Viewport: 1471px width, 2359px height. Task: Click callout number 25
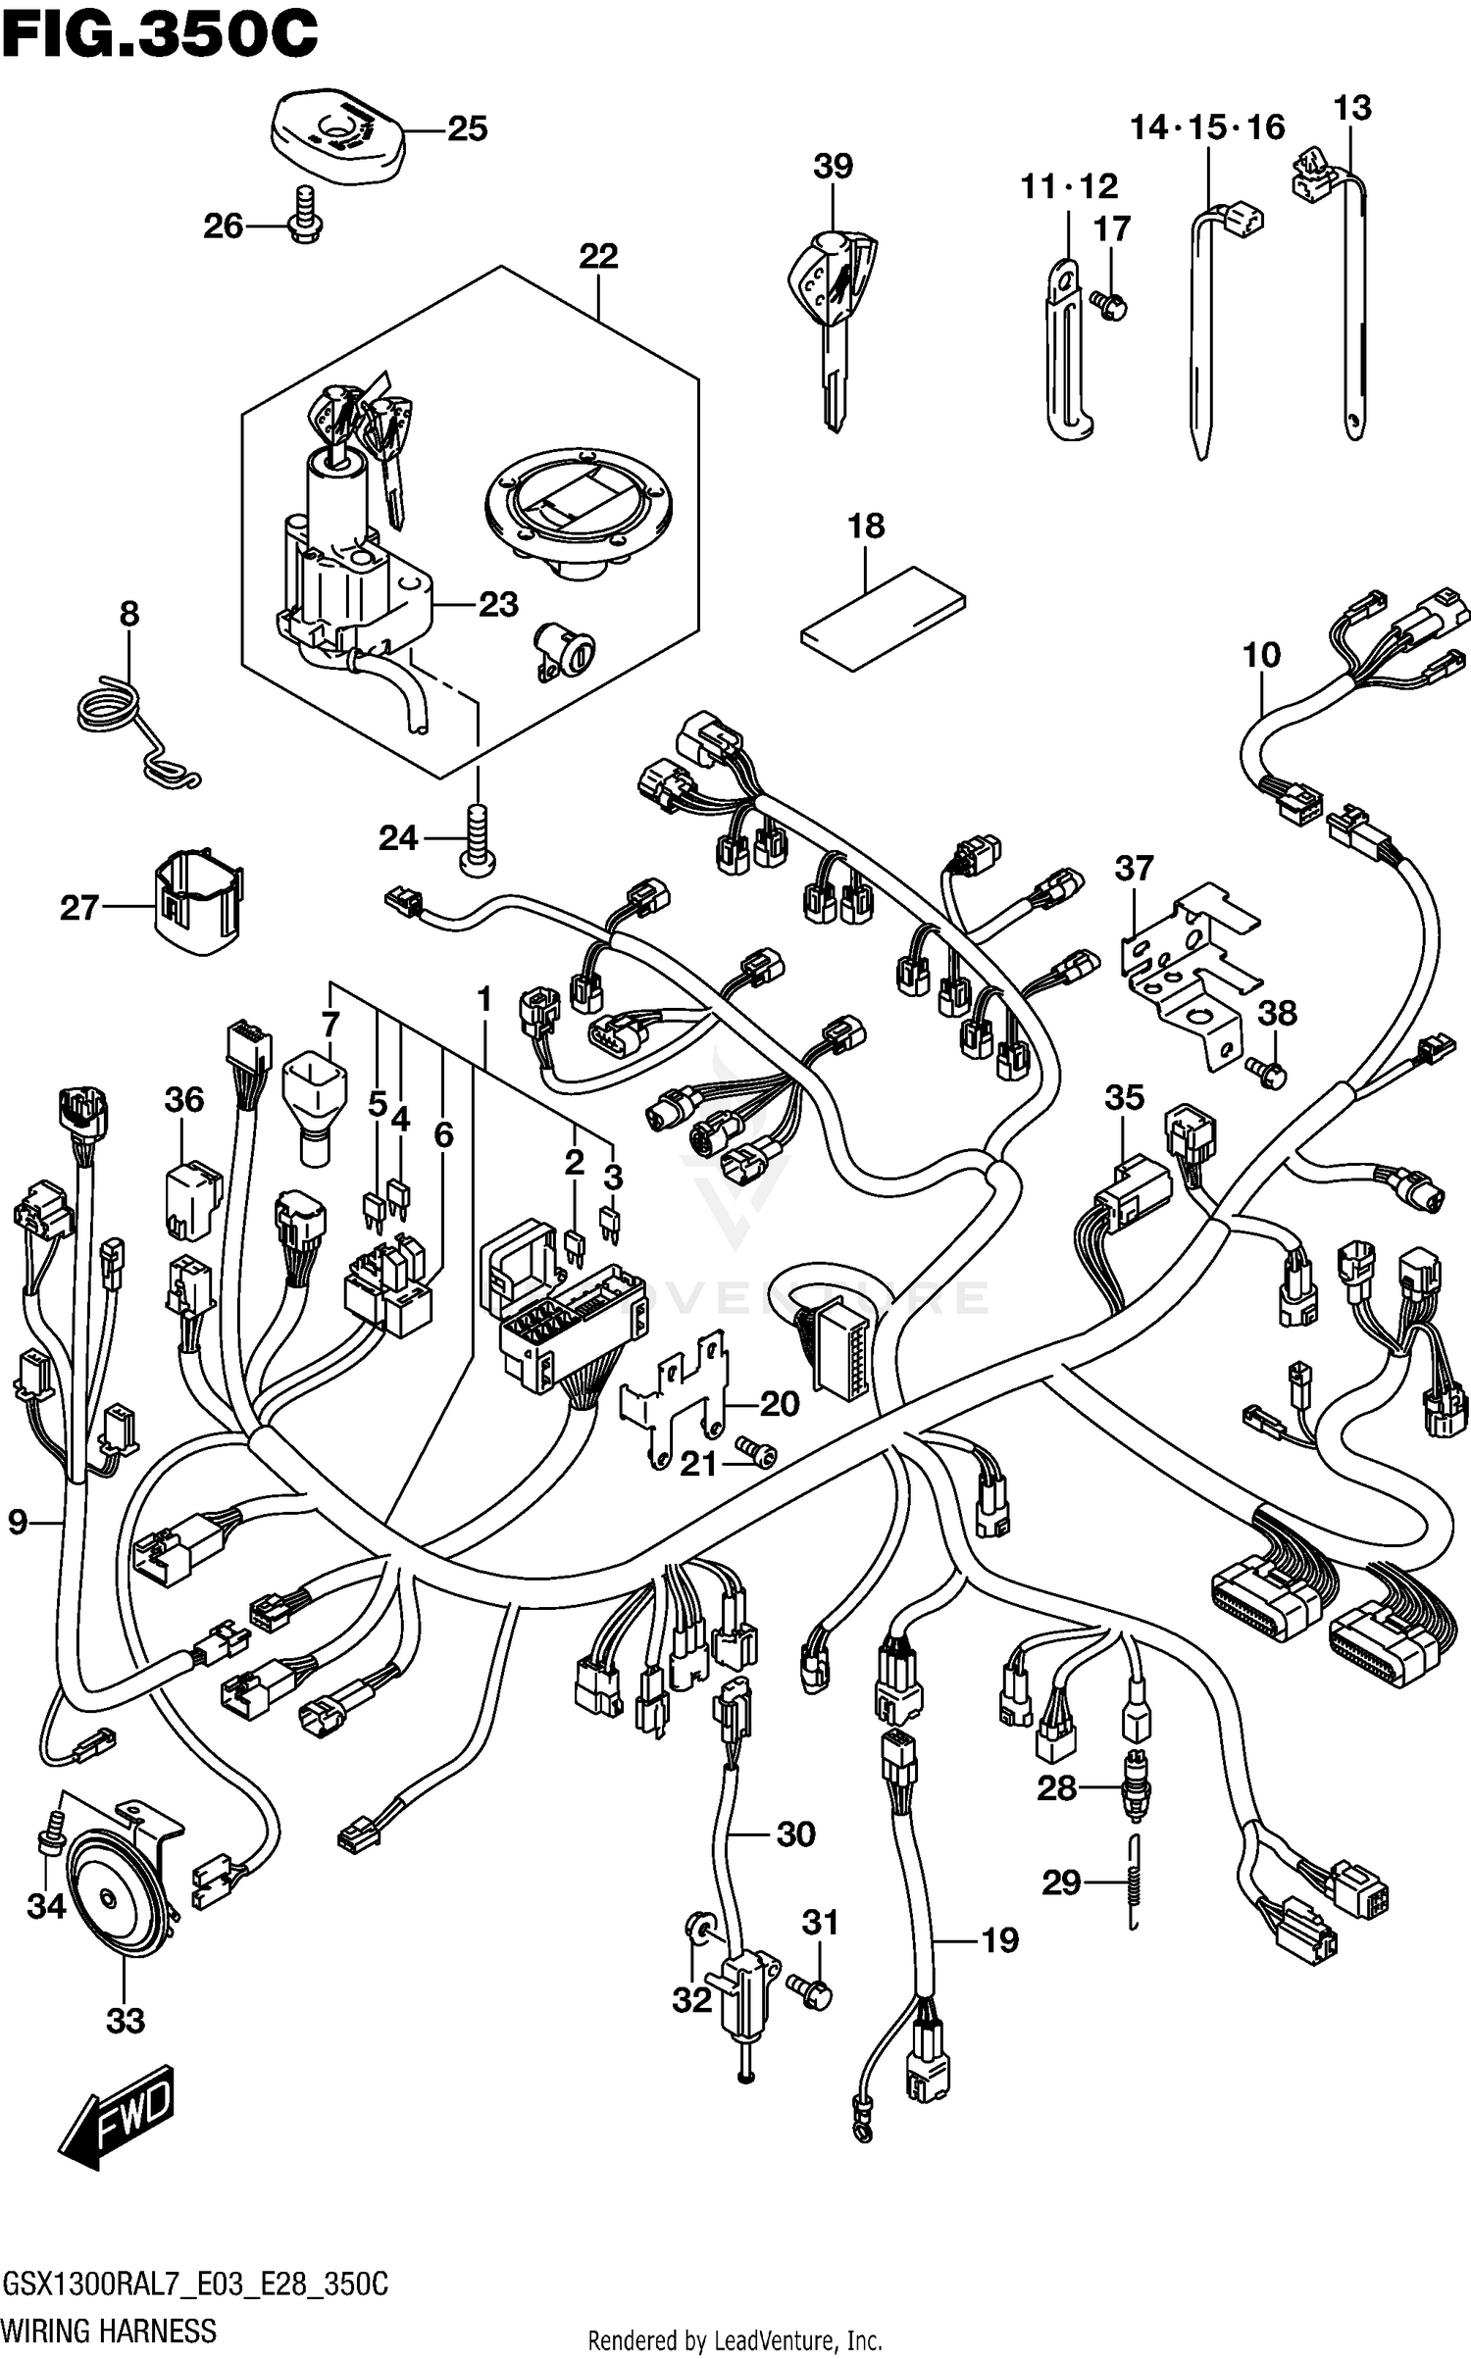click(467, 129)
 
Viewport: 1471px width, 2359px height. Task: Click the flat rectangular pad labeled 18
click(883, 618)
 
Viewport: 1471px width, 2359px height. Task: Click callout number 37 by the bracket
click(1134, 869)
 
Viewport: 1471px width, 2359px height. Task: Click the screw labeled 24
click(478, 842)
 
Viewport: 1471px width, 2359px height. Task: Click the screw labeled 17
click(1112, 305)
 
